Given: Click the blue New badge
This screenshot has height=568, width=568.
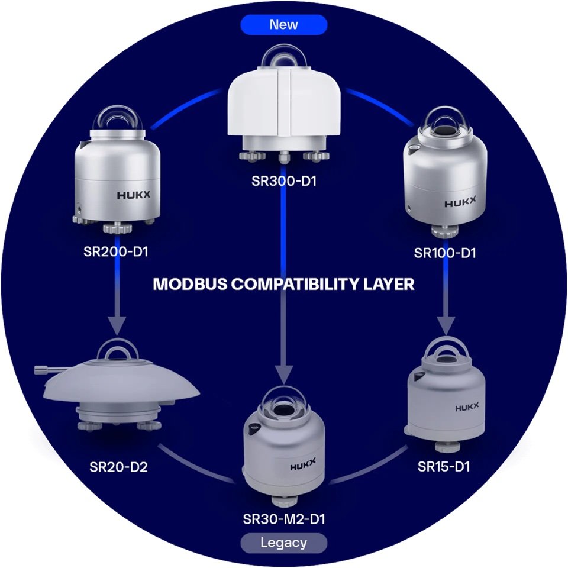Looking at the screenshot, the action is [x=283, y=25].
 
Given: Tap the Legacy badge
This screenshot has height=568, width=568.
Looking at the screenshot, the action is [x=283, y=543].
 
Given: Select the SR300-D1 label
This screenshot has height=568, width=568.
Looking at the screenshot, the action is [x=284, y=181].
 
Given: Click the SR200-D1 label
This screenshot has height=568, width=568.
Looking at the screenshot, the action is [x=116, y=251].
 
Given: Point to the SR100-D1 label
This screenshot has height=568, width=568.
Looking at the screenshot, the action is [x=445, y=253].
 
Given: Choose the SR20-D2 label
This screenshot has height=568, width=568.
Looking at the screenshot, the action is [x=118, y=467].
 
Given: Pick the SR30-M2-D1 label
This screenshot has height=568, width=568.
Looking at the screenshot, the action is [x=284, y=519].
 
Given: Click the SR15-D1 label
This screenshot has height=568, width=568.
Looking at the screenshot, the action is [x=444, y=467].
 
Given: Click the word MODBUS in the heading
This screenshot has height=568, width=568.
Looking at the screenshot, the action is [x=190, y=284].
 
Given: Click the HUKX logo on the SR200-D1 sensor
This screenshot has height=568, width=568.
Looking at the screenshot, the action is [x=133, y=195].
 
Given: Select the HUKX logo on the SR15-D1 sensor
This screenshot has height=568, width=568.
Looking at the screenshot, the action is [x=467, y=407].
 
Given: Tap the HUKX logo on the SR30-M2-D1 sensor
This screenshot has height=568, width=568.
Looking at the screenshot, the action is [x=303, y=464].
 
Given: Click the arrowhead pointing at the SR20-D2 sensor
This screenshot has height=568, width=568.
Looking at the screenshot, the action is [x=117, y=325].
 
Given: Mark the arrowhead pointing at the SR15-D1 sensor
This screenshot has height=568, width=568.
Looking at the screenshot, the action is [x=446, y=325].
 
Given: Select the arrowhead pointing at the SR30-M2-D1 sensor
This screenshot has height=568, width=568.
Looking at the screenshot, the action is [x=283, y=375].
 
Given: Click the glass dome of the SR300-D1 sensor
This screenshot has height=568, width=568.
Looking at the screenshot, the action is [x=284, y=56].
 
